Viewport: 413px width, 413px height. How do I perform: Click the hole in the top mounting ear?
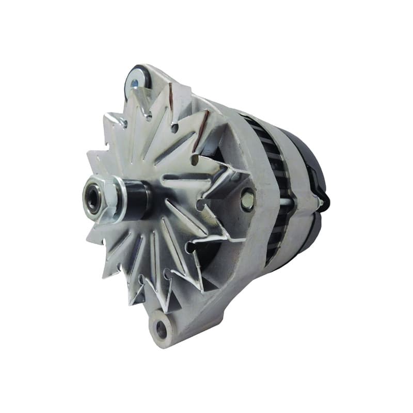(135, 84)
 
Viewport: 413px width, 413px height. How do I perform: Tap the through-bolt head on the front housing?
(247, 199)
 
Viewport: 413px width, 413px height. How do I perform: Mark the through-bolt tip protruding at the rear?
(322, 203)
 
